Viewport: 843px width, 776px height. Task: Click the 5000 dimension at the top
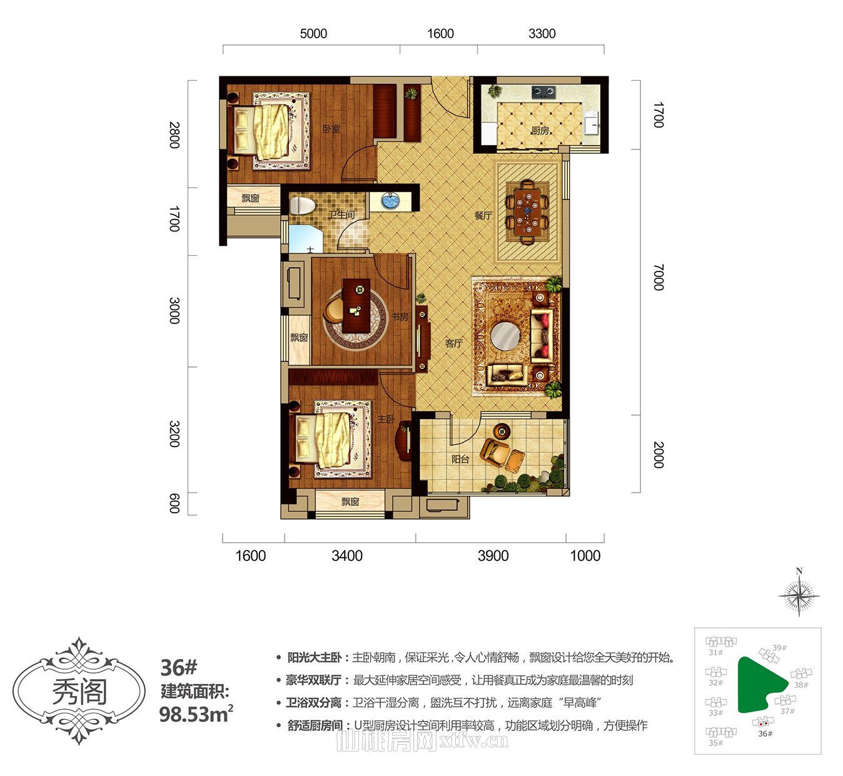(x=313, y=34)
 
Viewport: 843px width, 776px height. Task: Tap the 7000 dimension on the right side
(x=658, y=277)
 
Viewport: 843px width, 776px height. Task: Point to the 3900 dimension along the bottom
(x=493, y=556)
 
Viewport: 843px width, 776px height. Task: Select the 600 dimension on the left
(x=174, y=503)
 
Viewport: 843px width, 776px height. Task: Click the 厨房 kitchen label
(x=540, y=131)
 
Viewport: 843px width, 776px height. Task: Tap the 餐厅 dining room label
(x=483, y=216)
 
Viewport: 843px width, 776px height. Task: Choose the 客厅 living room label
(x=454, y=343)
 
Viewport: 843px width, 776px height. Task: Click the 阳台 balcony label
(x=460, y=459)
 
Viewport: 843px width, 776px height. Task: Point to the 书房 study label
(x=400, y=317)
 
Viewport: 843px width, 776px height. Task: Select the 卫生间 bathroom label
(x=341, y=214)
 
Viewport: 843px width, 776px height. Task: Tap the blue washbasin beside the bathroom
(x=390, y=201)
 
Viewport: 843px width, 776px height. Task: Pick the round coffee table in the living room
(x=505, y=336)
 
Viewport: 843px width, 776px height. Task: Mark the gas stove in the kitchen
(x=543, y=93)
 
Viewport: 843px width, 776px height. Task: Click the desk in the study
(x=356, y=306)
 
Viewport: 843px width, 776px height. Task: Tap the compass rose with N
(x=799, y=594)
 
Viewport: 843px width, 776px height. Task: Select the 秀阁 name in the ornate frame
(x=79, y=692)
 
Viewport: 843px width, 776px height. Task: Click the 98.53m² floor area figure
(x=196, y=713)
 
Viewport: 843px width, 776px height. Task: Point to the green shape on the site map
(x=757, y=683)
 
